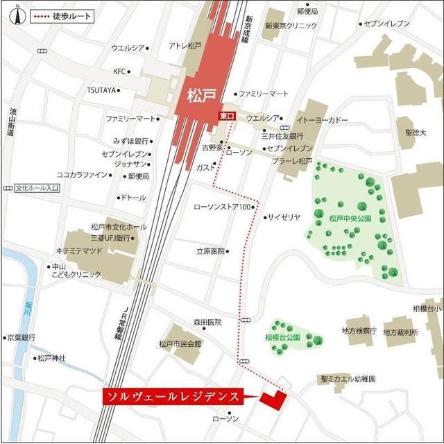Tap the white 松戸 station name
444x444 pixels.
click(200, 94)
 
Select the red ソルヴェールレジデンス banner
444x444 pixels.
click(173, 396)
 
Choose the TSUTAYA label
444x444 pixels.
click(102, 90)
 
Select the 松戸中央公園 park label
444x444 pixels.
click(350, 218)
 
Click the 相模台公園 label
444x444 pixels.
click(283, 337)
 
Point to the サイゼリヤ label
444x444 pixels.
click(284, 217)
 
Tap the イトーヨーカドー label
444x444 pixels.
click(323, 121)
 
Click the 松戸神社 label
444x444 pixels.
click(51, 358)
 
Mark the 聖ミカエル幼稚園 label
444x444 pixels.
click(348, 379)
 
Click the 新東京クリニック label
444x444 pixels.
click(291, 26)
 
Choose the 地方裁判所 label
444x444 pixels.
click(401, 332)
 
